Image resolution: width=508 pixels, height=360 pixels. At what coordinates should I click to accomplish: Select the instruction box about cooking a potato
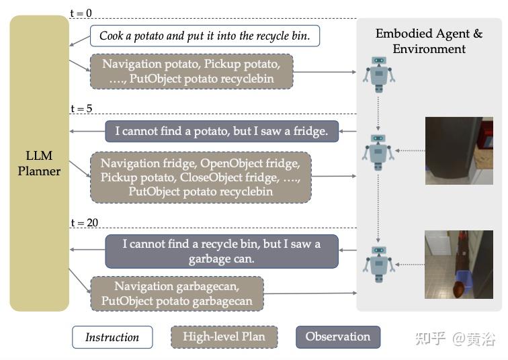tap(205, 36)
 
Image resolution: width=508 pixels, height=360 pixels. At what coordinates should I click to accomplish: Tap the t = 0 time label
tap(81, 13)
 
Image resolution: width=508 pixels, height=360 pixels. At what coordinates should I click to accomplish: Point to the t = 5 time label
tap(81, 109)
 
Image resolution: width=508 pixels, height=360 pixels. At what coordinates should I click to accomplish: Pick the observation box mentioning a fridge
tap(222, 131)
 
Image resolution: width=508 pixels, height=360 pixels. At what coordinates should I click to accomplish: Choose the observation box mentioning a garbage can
tap(222, 251)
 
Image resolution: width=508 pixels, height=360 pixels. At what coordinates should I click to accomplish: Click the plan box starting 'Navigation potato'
tap(192, 71)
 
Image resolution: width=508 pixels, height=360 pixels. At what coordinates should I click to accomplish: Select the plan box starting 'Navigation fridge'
tap(201, 177)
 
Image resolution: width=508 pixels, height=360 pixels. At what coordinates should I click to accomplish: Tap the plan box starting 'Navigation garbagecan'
tap(177, 294)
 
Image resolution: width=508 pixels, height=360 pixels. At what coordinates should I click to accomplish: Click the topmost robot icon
tap(379, 73)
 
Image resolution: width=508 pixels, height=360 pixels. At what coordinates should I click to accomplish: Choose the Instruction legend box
tap(112, 337)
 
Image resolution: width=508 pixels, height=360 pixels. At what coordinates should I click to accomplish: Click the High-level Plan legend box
tap(224, 337)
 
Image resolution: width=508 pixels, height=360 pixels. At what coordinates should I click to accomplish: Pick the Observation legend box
tap(337, 337)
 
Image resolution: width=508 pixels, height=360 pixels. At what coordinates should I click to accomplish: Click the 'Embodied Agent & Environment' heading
tap(429, 41)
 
